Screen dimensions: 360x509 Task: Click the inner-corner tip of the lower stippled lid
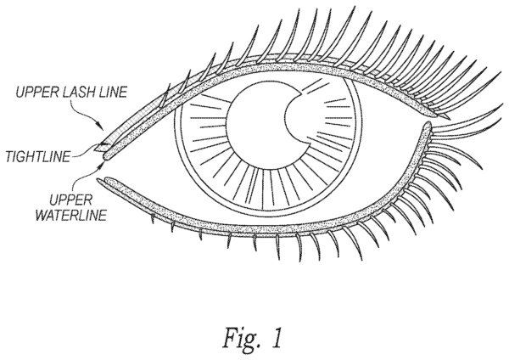click(102, 179)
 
